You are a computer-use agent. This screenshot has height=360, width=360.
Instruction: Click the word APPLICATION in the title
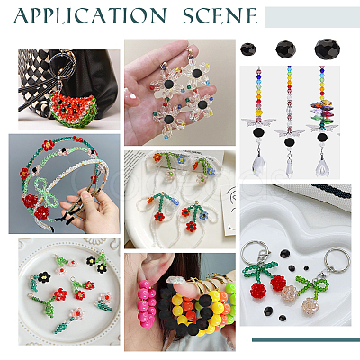pyautogui.click(x=90, y=16)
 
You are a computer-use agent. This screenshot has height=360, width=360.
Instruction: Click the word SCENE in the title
pyautogui.click(x=220, y=16)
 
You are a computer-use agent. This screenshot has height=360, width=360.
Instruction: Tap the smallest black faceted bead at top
pyautogui.click(x=248, y=49)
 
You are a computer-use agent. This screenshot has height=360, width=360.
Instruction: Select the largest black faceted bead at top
pyautogui.click(x=328, y=49)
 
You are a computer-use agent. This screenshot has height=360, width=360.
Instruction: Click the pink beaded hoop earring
pyautogui.click(x=146, y=303)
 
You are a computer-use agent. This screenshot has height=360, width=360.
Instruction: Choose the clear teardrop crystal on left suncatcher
pyautogui.click(x=259, y=163)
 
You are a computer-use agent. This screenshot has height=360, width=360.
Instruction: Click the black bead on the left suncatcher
pyautogui.click(x=258, y=132)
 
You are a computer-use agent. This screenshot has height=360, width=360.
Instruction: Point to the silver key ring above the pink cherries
pyautogui.click(x=338, y=260)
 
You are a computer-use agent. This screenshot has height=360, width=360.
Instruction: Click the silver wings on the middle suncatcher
pyautogui.click(x=289, y=132)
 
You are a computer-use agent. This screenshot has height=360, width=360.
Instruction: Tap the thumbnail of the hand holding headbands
pyautogui.click(x=64, y=184)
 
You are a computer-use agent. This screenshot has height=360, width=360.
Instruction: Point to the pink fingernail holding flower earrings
pyautogui.click(x=131, y=96)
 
